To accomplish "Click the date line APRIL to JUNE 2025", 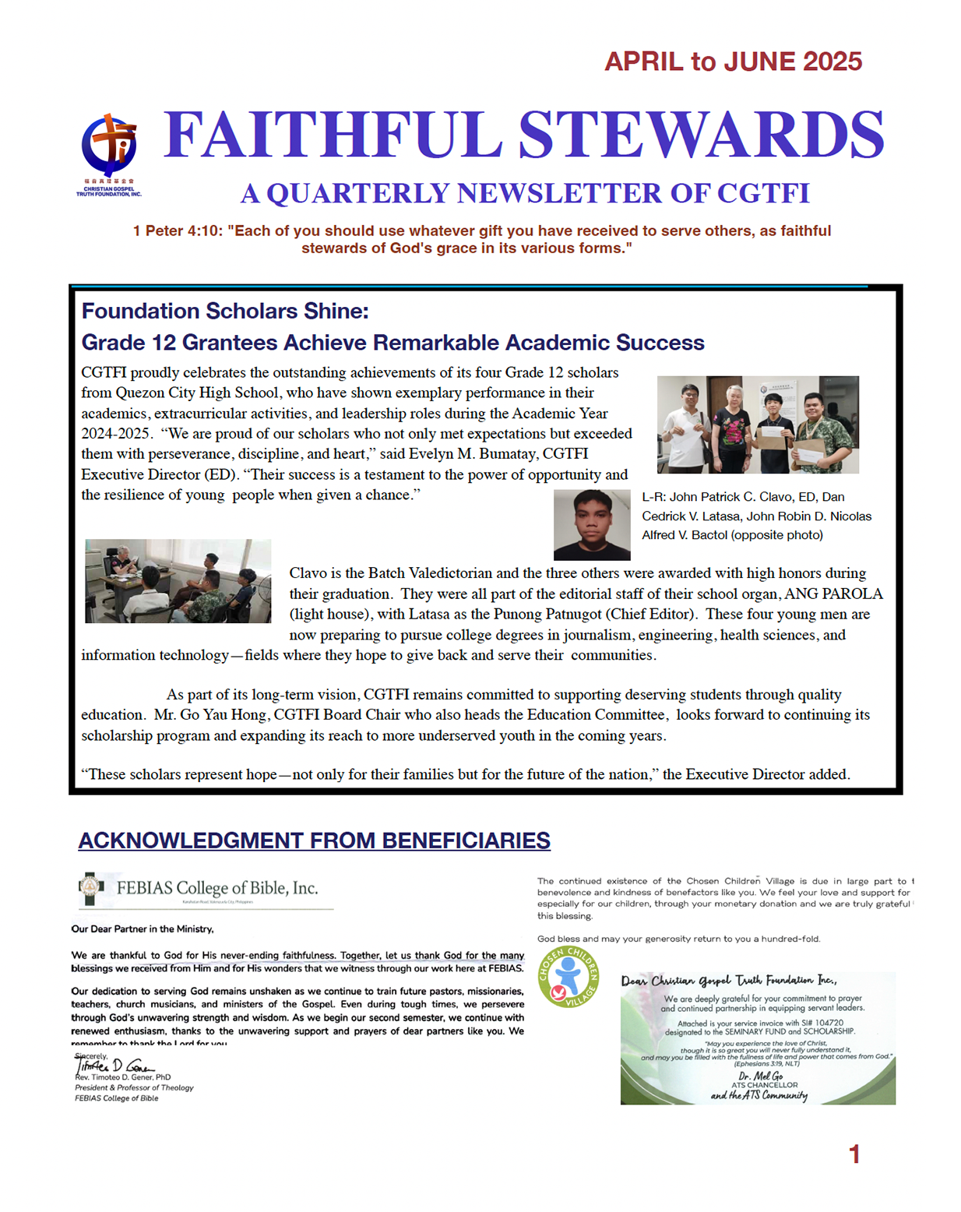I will click(x=733, y=62).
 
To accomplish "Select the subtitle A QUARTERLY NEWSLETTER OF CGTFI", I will click(x=525, y=194).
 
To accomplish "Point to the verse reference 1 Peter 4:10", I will click(x=178, y=231).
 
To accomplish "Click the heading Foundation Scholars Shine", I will click(x=225, y=312).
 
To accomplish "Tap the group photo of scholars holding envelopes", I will click(x=758, y=425).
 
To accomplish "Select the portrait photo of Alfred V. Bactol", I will click(x=592, y=525).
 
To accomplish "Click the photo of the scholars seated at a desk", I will click(x=178, y=581).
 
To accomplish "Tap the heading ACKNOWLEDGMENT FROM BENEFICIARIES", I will click(x=314, y=841).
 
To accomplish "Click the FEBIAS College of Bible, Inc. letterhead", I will click(x=206, y=889).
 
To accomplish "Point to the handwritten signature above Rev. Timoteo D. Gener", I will click(x=113, y=1066).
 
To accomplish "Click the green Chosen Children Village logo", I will click(x=569, y=977).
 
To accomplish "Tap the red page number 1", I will click(x=854, y=1154).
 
